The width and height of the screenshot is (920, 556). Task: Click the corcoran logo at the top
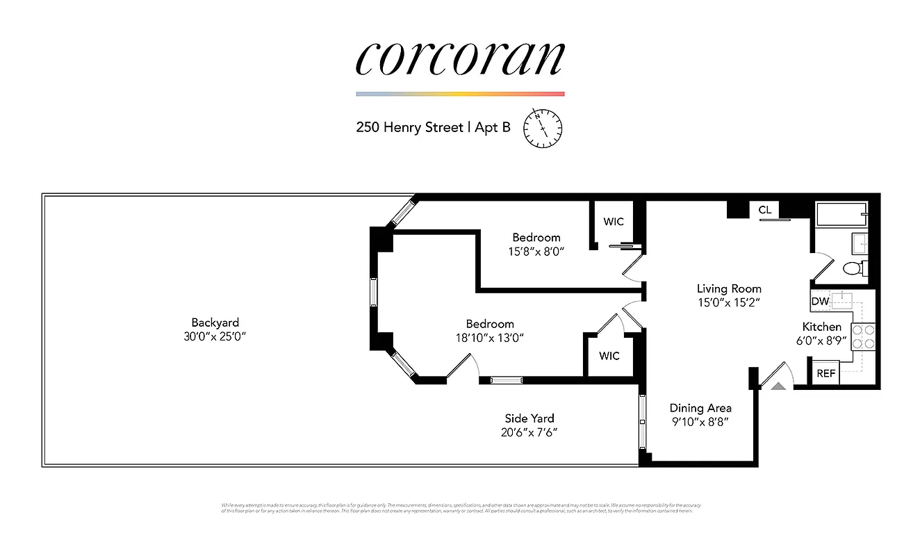tap(459, 58)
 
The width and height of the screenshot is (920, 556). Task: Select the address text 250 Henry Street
tap(409, 128)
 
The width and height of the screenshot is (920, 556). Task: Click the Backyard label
tap(215, 322)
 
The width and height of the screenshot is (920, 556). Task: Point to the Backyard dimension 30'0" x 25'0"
tap(215, 336)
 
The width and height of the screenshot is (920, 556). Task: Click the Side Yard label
tap(529, 418)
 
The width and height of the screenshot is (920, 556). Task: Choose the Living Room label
tap(729, 288)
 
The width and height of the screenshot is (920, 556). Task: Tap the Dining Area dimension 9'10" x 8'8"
tap(700, 421)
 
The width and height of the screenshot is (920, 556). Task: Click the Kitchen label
tap(821, 327)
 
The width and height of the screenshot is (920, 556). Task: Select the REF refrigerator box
tap(825, 373)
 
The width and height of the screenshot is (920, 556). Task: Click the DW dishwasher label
tap(820, 302)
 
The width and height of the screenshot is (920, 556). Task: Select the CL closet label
tap(765, 210)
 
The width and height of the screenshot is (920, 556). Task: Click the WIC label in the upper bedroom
tap(613, 222)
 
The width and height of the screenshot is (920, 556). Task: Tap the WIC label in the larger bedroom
tap(609, 356)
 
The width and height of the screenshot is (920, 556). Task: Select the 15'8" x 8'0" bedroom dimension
tap(536, 252)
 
